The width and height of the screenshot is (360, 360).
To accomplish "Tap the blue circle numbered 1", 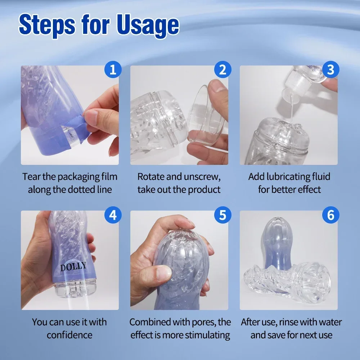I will pos(113,69).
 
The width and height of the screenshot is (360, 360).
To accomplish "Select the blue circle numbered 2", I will pos(222,69).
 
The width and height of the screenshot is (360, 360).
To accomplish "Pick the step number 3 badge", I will pos(330,69).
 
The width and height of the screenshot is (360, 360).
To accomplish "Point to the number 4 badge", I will pos(113,215).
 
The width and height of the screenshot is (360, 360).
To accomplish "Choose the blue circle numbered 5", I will pos(222,215).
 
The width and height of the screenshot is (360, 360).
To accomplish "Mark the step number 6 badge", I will pos(330,215).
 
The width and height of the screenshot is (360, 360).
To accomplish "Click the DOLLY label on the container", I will pos(73,267).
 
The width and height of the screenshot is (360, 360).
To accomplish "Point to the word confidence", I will pos(69,335).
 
